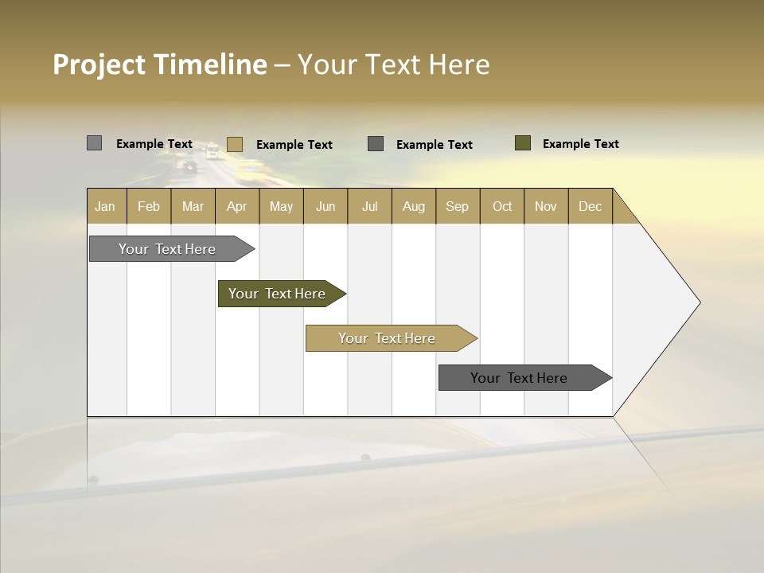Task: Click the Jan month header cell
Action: point(106,206)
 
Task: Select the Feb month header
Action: point(149,206)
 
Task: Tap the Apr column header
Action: point(237,206)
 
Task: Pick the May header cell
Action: point(281,206)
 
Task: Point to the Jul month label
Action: point(369,206)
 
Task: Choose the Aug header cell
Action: point(414,206)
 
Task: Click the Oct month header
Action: point(502,206)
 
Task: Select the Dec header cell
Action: point(591,206)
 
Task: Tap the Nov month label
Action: point(546,206)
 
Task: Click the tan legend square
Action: point(234,144)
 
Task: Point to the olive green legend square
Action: point(523,143)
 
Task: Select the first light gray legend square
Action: point(94,143)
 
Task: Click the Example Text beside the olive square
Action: point(580,144)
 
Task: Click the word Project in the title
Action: point(98,64)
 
